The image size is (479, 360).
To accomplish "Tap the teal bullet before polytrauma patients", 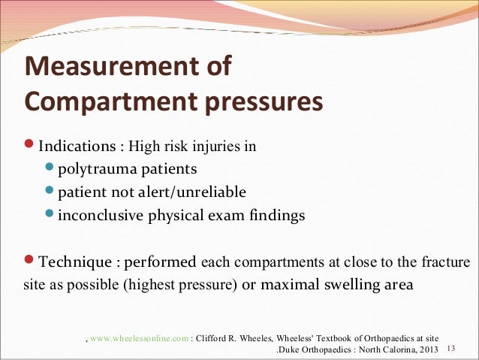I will tap(49, 168).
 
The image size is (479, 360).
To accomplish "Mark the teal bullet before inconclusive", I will tap(49, 216).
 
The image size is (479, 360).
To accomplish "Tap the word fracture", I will tap(446, 263).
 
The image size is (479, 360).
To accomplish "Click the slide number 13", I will tap(451, 350).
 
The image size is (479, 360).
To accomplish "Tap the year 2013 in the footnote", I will tap(425, 351).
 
